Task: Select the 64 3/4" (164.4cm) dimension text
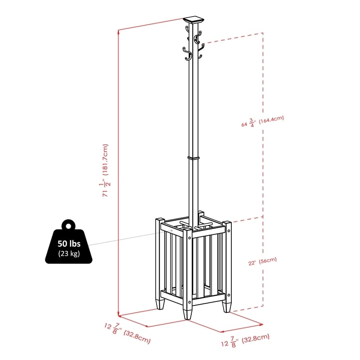pos(263,121)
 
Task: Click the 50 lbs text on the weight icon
pos(68,243)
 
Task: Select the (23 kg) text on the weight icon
pos(68,253)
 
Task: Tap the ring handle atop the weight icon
pos(69,225)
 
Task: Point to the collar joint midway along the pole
pos(193,158)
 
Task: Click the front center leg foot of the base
pos(187,313)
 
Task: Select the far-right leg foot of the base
pos(227,307)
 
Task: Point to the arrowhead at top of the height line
pos(119,31)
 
